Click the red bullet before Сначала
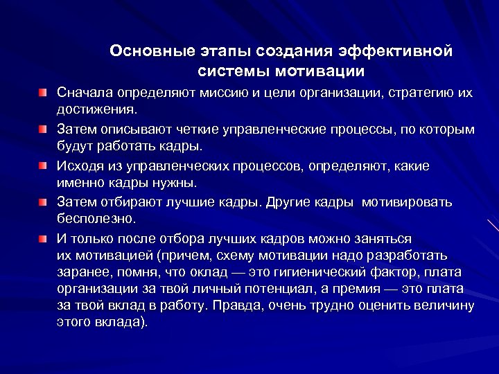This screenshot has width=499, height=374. pos(44,92)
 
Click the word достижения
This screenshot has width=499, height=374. pos(97,109)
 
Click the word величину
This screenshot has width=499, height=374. pos(441,305)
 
